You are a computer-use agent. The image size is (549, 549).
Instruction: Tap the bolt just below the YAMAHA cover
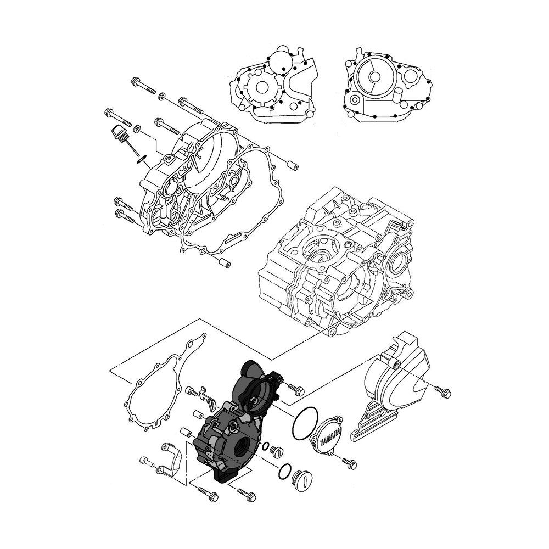349,463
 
